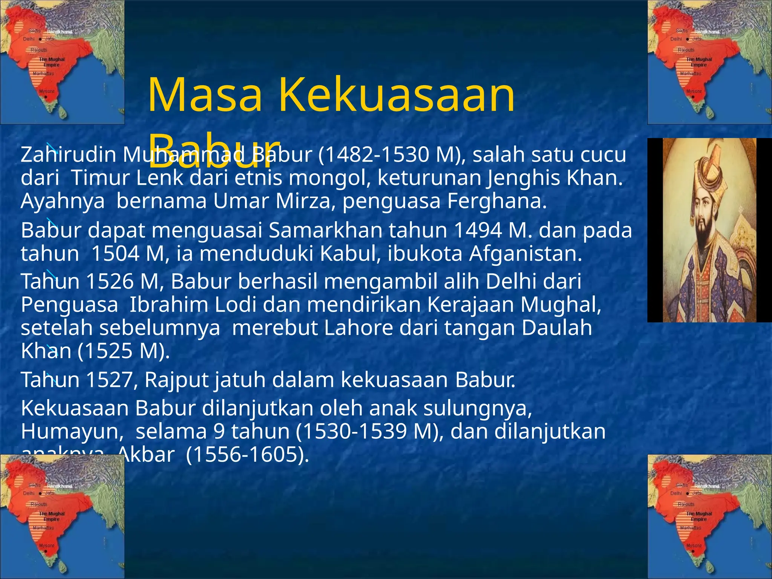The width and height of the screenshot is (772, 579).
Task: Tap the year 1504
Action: tap(115, 254)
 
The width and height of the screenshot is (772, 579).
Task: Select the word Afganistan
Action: tap(525, 254)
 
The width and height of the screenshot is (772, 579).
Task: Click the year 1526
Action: tap(110, 282)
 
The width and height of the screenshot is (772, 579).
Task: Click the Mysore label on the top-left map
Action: tap(47, 91)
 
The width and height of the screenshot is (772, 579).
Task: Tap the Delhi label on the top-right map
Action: tap(676, 39)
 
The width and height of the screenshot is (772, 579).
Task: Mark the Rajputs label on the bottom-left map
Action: tap(39, 504)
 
